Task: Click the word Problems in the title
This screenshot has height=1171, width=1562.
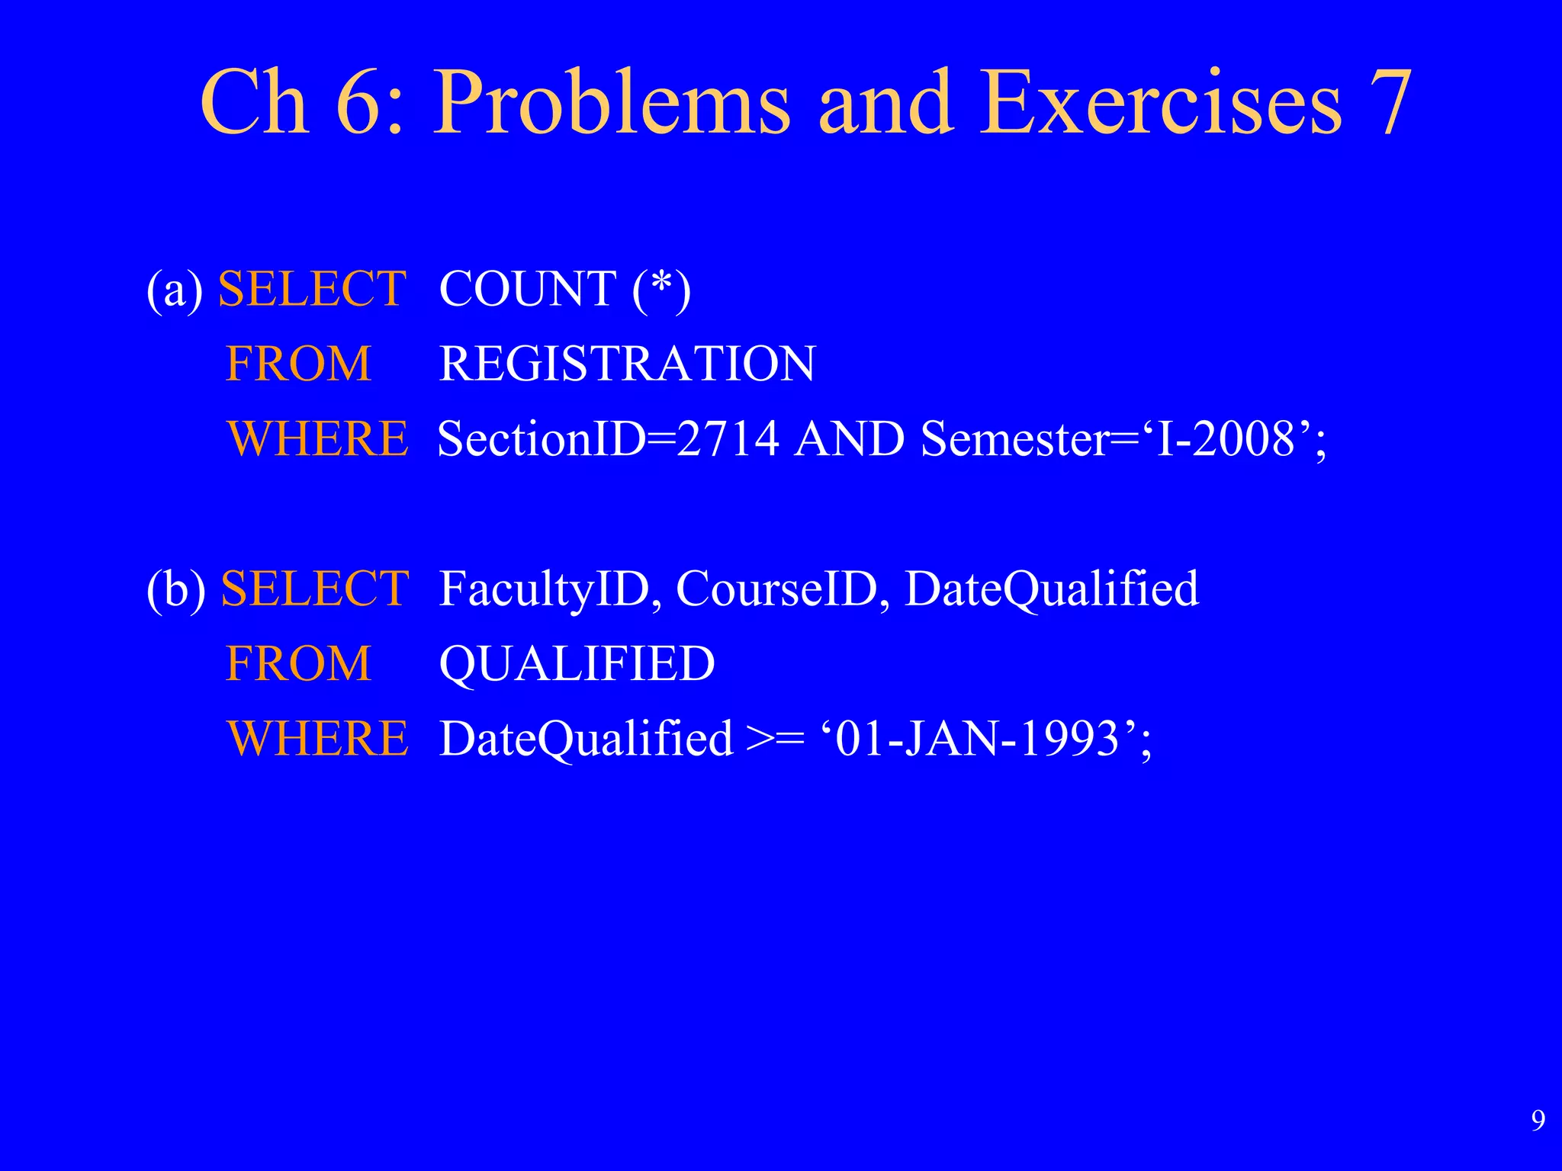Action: click(x=612, y=103)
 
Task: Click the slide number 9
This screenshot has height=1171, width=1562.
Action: click(x=1538, y=1120)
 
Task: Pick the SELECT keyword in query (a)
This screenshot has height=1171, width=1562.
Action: click(x=312, y=289)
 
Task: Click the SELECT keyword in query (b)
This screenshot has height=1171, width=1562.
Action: click(x=314, y=589)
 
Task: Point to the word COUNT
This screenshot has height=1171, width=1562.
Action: click(x=528, y=289)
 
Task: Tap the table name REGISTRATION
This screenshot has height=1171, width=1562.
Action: click(x=627, y=364)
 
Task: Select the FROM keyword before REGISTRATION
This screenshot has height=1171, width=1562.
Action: click(x=298, y=364)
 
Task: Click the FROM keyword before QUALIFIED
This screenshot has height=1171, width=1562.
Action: click(x=298, y=663)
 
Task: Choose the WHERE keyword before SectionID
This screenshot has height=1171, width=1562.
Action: click(x=317, y=439)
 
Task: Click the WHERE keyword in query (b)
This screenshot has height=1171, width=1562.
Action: click(x=317, y=739)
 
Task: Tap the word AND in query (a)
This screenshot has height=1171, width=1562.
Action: click(x=849, y=439)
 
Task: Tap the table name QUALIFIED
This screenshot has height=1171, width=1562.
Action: click(x=577, y=663)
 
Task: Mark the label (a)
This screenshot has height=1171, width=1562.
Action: click(x=174, y=289)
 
